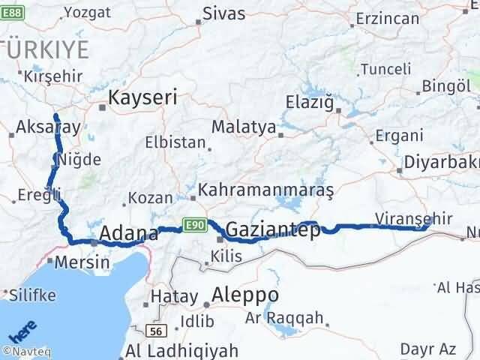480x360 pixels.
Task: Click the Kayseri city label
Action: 142,97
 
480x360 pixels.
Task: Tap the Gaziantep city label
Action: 272,230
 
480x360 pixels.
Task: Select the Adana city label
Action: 129,233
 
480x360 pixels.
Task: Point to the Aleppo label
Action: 245,294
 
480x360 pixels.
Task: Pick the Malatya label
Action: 244,127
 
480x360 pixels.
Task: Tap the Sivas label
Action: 225,13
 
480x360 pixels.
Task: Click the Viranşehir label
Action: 413,218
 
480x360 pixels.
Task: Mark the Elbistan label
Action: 175,142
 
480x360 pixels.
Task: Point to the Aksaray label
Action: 47,127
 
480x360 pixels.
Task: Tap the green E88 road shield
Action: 13,12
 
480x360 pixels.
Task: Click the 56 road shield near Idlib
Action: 155,330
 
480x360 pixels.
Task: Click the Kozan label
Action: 145,199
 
